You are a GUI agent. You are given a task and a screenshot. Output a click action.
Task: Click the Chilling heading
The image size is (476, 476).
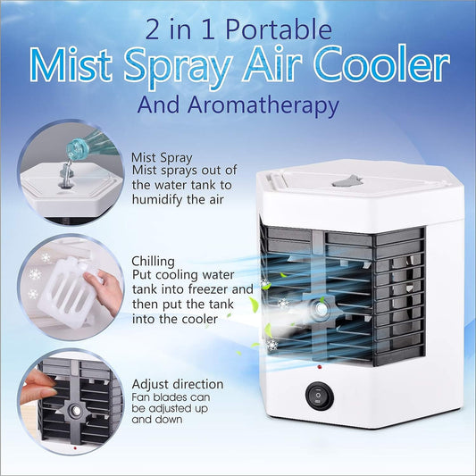(x=153, y=261)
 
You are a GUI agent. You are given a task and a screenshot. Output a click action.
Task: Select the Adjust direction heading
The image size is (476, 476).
(x=177, y=384)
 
